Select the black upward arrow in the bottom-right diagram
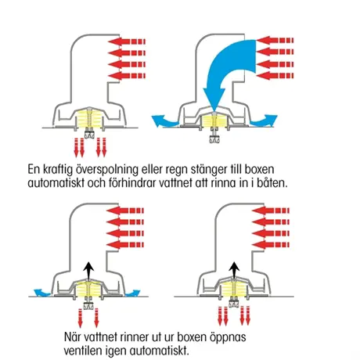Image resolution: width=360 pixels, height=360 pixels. click(235, 271)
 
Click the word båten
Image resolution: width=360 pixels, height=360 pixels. click(272, 182)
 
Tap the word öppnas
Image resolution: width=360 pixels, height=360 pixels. click(228, 337)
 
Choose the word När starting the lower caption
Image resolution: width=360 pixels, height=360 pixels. click(72, 337)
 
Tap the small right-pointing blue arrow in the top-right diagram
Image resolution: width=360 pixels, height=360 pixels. click(264, 121)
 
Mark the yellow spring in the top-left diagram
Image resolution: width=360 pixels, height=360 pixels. click(89, 119)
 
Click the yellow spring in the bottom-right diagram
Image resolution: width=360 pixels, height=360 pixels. click(235, 288)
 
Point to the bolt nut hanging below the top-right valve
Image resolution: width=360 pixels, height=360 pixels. click(214, 139)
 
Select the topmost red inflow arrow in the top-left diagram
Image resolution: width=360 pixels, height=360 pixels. click(127, 41)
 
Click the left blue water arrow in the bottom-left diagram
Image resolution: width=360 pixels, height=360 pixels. click(42, 293)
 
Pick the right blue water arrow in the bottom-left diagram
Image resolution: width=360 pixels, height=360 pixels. click(133, 293)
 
